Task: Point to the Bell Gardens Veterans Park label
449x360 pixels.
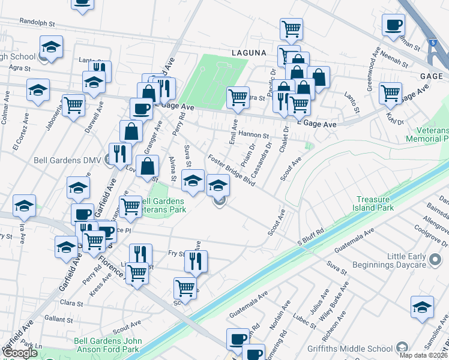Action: click(x=161, y=205)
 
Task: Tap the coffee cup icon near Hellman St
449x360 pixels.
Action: click(x=394, y=25)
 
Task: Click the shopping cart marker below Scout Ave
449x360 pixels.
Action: click(x=185, y=288)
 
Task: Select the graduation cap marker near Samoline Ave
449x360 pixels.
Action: click(x=422, y=307)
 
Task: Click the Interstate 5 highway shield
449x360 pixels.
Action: click(x=433, y=43)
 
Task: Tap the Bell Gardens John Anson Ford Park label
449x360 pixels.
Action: click(x=108, y=345)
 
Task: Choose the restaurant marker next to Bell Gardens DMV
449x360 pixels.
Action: click(x=120, y=154)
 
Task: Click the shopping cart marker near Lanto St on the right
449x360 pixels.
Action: click(x=391, y=94)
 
